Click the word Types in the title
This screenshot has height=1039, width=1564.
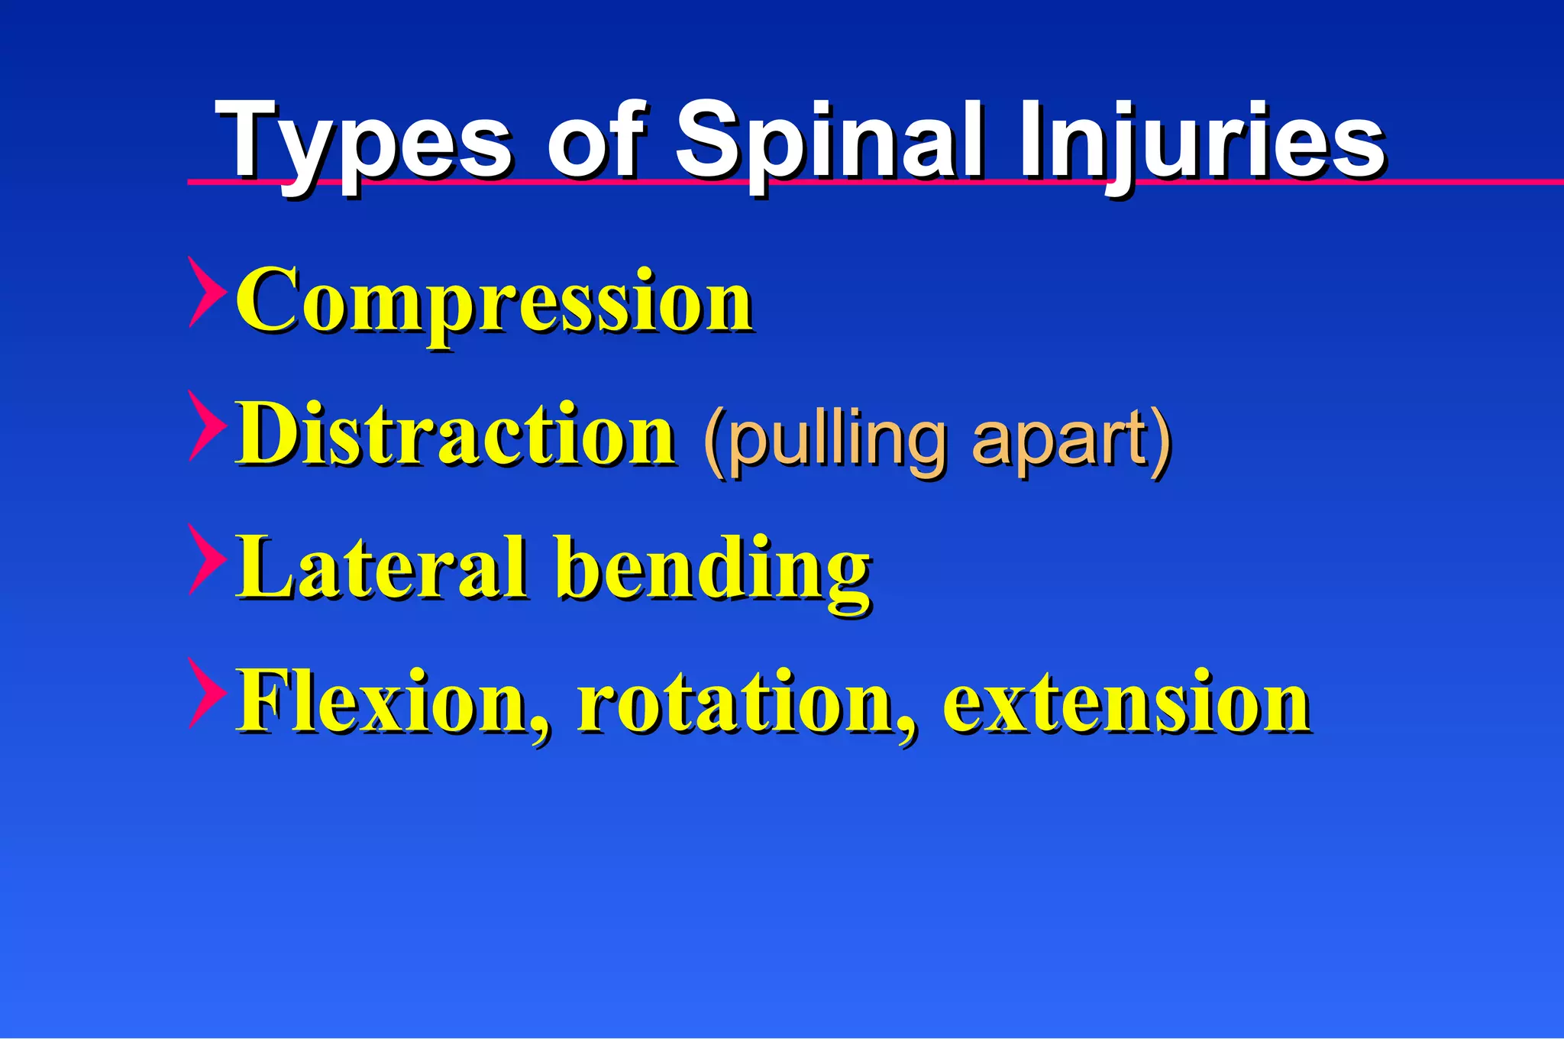[363, 141]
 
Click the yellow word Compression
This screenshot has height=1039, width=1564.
[495, 302]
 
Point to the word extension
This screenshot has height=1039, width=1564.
[1126, 701]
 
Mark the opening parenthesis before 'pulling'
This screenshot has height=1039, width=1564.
[715, 443]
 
